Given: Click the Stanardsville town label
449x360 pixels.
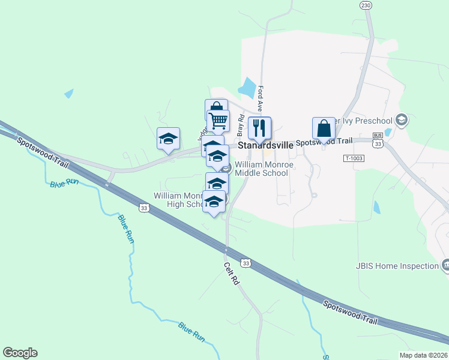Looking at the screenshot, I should [267, 145].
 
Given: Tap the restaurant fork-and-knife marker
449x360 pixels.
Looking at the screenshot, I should [259, 128].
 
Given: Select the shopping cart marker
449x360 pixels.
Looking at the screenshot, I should [218, 121].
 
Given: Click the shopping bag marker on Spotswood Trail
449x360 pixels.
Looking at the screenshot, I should [324, 128].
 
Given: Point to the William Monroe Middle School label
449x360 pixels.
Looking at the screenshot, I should [262, 169].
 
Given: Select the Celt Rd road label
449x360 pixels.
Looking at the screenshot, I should [232, 274].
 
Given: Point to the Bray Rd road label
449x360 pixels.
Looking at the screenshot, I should [240, 125].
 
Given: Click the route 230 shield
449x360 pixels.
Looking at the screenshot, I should [366, 5].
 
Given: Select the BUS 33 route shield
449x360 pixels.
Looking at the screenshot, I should [378, 140].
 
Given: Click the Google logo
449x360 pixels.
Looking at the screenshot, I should [20, 353].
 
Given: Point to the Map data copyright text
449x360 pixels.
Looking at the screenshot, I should [423, 355].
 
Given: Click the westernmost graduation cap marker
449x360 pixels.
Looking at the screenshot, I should [169, 139].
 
